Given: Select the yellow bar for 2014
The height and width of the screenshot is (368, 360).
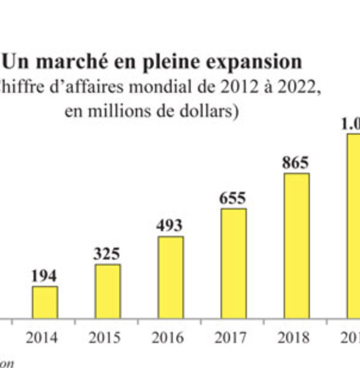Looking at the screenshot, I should click(x=45, y=302).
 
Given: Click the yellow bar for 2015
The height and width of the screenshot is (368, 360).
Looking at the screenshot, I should click(x=108, y=291).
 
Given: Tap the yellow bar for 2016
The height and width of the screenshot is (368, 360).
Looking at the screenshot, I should click(x=170, y=277).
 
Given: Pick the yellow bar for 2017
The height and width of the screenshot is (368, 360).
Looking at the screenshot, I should click(x=233, y=263).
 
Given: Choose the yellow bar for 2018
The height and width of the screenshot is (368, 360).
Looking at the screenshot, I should click(x=296, y=246).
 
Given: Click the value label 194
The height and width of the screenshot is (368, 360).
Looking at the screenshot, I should click(x=44, y=276).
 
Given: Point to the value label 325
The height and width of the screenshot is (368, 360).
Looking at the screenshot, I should click(x=107, y=254).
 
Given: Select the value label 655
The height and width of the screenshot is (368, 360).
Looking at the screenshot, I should click(x=232, y=198).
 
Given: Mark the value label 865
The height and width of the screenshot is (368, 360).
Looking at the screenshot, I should click(x=296, y=163).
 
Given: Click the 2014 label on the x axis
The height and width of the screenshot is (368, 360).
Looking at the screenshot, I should click(x=42, y=338).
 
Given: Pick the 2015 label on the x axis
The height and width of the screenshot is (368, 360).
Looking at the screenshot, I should click(x=105, y=338).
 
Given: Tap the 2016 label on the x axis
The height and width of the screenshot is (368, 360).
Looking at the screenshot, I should click(x=167, y=338).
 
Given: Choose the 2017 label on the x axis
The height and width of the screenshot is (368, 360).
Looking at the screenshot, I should click(x=231, y=338).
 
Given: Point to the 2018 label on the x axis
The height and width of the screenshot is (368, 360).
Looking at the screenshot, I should click(x=294, y=338).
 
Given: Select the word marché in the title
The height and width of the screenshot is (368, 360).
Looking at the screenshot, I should click(x=64, y=62).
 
